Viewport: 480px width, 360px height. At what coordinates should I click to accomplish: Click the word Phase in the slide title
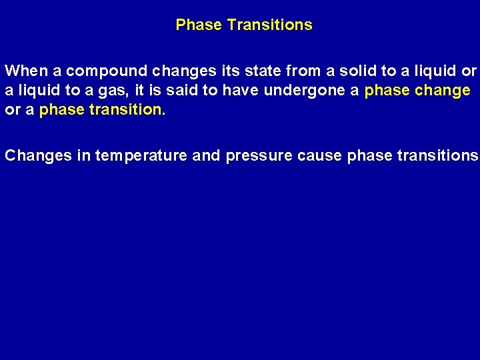[x=199, y=25]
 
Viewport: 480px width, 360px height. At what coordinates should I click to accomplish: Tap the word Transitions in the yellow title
[x=269, y=25]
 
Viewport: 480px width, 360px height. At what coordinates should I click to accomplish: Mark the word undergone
[x=305, y=90]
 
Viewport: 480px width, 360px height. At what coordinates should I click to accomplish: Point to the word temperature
[x=141, y=156]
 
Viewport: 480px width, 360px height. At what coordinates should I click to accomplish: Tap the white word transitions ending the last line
[x=437, y=156]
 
